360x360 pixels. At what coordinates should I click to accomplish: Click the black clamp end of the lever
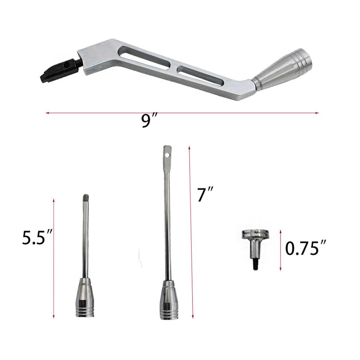58,72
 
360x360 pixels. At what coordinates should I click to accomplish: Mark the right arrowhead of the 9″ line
317,113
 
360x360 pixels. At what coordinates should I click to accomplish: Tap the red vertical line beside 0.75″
281,250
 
